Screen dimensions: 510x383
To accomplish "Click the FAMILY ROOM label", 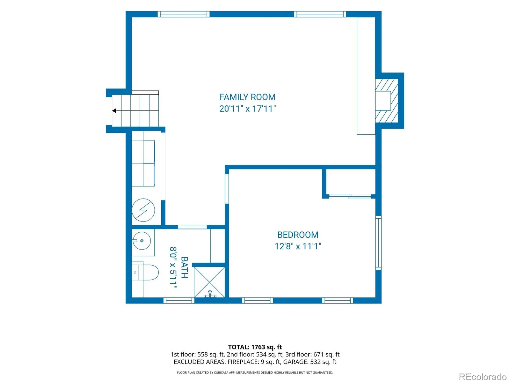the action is pos(247,97).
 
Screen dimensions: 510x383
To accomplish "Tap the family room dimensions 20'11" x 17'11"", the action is pos(247,109).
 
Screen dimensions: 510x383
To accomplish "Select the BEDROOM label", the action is pos(298,235).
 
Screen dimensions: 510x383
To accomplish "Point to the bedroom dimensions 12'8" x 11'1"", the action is pos(298,246).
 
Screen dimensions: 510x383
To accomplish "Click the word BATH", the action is pos(184,267).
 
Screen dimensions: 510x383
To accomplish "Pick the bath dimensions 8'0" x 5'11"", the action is pos(173,268).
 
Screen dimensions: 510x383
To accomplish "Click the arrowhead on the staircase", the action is pos(114,111).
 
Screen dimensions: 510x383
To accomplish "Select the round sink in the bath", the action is pos(142,241).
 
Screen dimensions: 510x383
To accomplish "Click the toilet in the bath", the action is pos(145,272).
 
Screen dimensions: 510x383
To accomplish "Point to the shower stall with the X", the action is pos(209,282).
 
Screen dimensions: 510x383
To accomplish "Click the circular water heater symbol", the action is pos(143,210).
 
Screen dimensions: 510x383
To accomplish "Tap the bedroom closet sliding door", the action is pos(350,196).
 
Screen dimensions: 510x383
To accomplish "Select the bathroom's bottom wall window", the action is pos(179,300).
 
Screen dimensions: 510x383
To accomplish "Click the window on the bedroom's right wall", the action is pos(378,243).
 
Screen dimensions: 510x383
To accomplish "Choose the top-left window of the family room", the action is pos(184,14).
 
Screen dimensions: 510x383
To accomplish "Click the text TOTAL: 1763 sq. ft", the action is pos(255,347).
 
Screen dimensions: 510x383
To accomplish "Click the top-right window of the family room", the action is pos(320,14).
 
